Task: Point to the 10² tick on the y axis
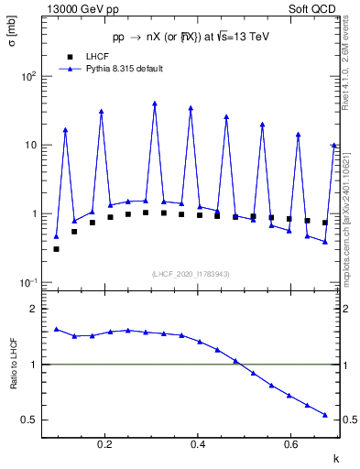29,77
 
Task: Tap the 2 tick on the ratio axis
33,310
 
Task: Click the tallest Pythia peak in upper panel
155,104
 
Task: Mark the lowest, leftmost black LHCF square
56,248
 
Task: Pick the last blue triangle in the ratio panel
325,415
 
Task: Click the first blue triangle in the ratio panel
56,329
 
